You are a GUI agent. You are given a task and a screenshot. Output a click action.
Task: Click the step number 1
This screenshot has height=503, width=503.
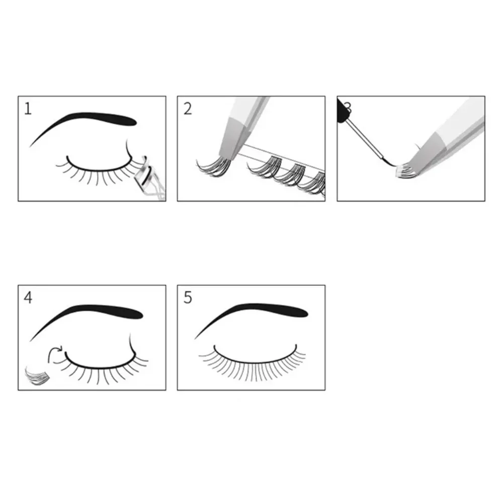point(28,108)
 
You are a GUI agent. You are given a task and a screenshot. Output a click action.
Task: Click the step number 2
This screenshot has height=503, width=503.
point(188,108)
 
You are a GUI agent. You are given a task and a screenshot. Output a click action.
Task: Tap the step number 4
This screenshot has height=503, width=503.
point(28,297)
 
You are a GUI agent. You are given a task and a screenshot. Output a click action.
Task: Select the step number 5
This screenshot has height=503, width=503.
point(188,297)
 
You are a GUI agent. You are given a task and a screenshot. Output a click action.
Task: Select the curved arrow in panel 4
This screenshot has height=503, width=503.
point(54,354)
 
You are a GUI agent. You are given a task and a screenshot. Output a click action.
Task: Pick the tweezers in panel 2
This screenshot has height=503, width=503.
point(241,126)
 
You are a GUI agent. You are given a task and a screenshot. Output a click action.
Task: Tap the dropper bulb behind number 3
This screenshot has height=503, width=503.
point(343,107)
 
